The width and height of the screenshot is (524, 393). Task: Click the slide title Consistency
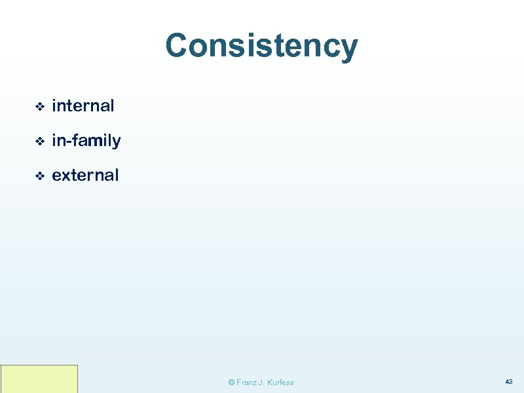click(x=261, y=47)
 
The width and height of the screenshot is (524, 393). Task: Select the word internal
click(x=83, y=105)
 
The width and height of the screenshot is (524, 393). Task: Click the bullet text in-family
click(x=86, y=140)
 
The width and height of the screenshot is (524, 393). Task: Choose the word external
click(x=85, y=176)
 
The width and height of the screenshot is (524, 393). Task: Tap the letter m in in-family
click(x=96, y=141)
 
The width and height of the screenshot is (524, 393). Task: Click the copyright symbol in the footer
click(x=231, y=383)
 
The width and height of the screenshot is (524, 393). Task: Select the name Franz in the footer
click(x=248, y=383)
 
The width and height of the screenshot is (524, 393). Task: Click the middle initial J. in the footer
click(x=265, y=383)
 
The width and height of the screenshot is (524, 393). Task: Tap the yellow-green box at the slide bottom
click(x=39, y=379)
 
